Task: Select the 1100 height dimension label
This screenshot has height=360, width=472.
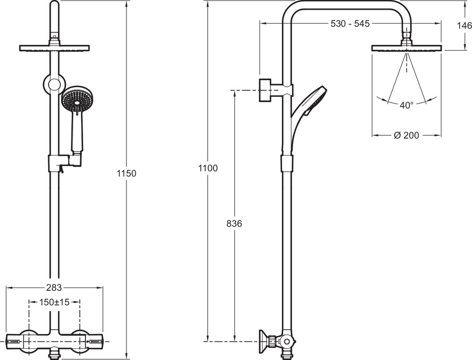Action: pos(208,168)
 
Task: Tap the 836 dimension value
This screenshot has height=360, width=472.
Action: pos(234,224)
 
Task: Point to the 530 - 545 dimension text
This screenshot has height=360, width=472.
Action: pos(350,23)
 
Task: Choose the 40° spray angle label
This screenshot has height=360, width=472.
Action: pos(406,106)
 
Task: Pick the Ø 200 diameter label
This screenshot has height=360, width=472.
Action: pos(406,135)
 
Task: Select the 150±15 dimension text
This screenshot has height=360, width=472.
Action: pos(54,302)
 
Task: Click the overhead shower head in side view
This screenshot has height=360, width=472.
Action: pos(406,48)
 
